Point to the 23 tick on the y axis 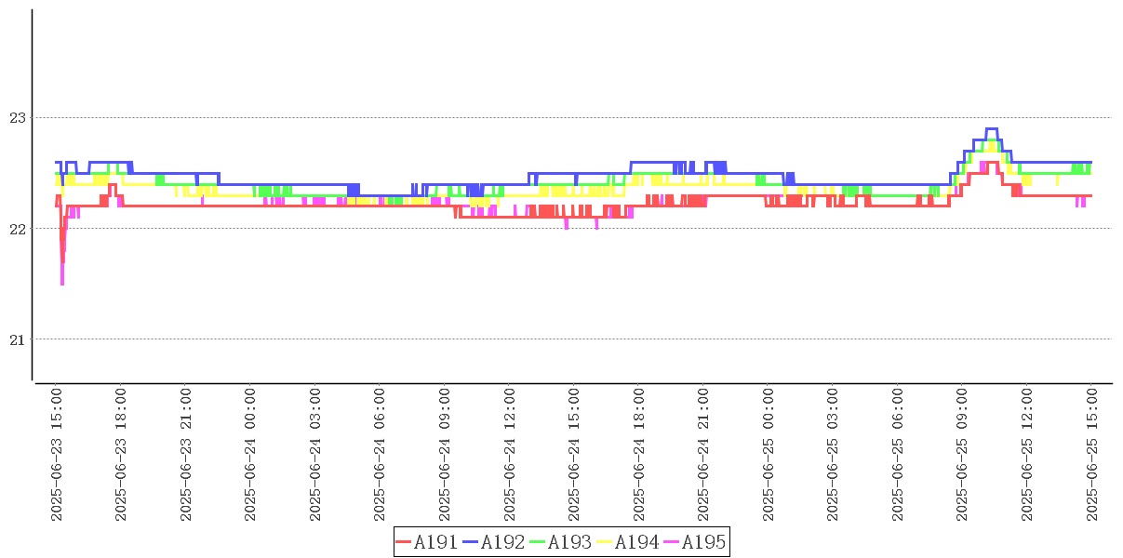17,118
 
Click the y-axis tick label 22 17,229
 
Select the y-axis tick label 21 17,339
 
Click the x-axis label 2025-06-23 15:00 58,455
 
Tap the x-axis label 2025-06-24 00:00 251,455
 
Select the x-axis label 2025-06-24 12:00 510,455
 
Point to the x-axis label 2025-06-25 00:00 769,455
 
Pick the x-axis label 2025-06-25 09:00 963,455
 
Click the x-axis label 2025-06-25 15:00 1092,455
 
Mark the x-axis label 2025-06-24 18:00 639,455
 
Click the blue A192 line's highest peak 991,128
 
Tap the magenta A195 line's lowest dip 62,283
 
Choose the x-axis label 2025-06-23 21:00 187,455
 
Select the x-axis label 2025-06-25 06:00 898,455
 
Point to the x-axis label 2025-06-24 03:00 316,455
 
